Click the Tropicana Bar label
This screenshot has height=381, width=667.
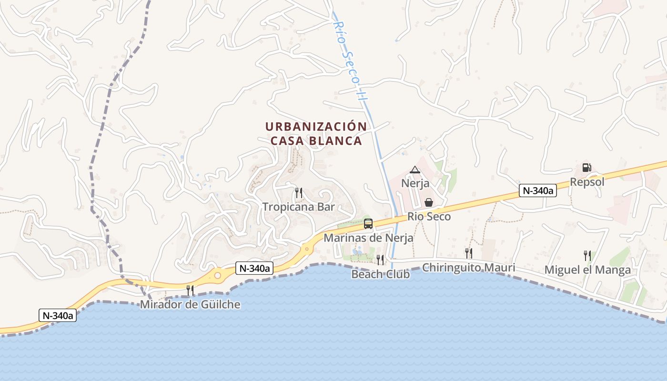tap(299, 207)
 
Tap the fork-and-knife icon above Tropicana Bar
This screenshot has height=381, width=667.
tap(299, 192)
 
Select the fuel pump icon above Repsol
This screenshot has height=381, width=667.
tap(587, 168)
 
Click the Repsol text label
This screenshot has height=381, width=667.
tap(587, 182)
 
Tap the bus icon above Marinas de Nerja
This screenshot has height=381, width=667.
tap(368, 223)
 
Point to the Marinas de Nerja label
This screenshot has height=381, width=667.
tap(368, 237)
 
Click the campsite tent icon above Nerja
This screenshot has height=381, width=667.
tap(415, 170)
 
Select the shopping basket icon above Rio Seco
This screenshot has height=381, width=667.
tap(429, 202)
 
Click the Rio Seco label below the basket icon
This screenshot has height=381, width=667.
tap(429, 217)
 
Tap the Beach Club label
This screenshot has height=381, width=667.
tap(380, 274)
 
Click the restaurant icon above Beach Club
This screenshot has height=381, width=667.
tap(380, 260)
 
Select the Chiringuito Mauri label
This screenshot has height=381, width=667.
tap(468, 268)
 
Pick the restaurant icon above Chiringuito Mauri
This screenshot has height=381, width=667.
tap(469, 253)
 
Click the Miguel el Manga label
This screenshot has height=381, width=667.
tap(587, 270)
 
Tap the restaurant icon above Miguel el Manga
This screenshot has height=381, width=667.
tap(587, 256)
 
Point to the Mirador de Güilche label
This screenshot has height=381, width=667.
tap(190, 305)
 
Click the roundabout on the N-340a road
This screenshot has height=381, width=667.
tap(218, 275)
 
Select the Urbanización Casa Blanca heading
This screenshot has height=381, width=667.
tap(316, 134)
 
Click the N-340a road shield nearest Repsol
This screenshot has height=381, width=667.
tap(538, 191)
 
